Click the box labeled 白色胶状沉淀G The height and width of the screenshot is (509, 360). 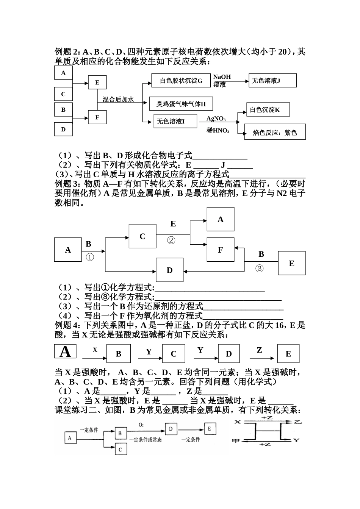[181, 81]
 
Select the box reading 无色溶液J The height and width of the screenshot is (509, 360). [272, 81]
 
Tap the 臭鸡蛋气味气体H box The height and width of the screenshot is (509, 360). [181, 103]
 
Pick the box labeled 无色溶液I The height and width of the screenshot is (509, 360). [175, 121]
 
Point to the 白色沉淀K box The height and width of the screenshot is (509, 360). [268, 110]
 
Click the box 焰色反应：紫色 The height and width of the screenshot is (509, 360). [275, 133]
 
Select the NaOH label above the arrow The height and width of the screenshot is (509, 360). [222, 77]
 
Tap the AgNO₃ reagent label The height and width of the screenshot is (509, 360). [216, 119]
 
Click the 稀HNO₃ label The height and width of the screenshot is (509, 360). [218, 131]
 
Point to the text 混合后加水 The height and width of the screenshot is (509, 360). [118, 99]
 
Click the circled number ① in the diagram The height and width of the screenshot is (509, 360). [89, 257]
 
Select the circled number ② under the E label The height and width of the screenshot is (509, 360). [171, 240]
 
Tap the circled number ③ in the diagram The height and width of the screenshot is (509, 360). [259, 269]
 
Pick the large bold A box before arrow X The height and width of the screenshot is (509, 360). [65, 352]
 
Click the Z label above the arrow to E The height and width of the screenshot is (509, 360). [259, 350]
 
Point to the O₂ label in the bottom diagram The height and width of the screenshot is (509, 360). [141, 425]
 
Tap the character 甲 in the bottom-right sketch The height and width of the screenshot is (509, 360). [235, 441]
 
